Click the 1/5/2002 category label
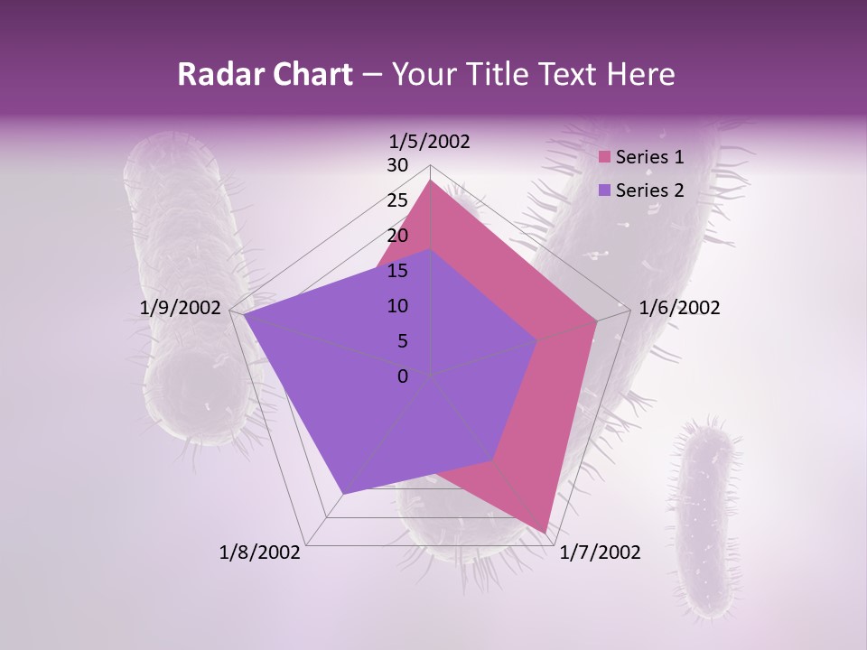(x=429, y=141)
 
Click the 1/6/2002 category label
(x=679, y=308)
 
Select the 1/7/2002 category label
(x=600, y=552)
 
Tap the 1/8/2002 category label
(x=260, y=552)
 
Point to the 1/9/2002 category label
(x=181, y=308)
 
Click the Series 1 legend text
(x=649, y=157)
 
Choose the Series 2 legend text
(x=649, y=190)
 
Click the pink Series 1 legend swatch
(x=606, y=157)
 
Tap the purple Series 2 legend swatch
(x=606, y=190)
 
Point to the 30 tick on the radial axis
(x=397, y=165)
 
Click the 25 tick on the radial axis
(x=397, y=200)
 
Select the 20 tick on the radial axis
(x=397, y=236)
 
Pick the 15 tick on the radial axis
(x=397, y=271)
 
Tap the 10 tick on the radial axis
(x=397, y=306)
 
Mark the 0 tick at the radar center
(x=403, y=376)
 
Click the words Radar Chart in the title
(x=265, y=74)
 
